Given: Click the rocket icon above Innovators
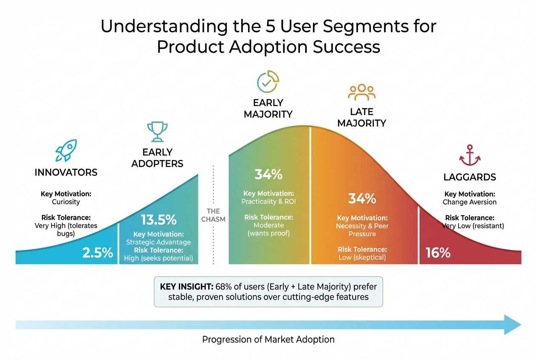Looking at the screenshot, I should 66,150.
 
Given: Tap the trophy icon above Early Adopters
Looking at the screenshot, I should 157,132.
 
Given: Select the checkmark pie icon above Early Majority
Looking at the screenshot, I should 268,82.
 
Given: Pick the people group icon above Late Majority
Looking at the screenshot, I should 362,93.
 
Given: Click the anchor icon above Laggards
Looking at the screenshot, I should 469,155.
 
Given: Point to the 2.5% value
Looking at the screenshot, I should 98,253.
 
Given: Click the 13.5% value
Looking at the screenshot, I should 158,220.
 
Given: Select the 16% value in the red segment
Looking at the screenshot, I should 438,253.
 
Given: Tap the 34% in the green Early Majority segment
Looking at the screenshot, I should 268,174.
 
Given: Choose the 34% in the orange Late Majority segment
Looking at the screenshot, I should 362,198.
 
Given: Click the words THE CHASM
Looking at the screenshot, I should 213,215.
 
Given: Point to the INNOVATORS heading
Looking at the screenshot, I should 66,172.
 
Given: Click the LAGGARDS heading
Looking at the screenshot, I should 469,177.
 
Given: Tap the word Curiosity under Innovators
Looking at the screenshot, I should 66,202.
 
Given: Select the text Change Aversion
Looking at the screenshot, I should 469,202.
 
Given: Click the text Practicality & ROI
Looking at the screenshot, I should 268,202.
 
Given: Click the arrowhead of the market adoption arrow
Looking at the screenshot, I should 513,325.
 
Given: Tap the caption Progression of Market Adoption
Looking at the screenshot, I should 268,340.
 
